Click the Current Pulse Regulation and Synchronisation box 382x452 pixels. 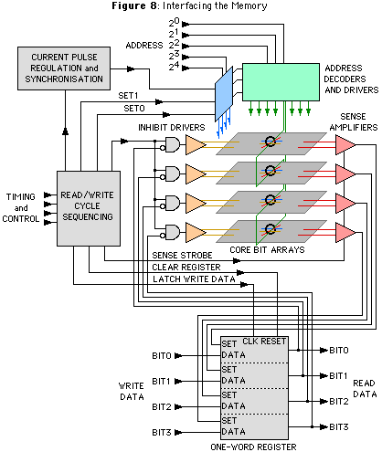64,68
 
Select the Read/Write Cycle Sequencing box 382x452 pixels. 89,208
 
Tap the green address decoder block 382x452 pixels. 281,82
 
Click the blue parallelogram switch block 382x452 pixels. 224,94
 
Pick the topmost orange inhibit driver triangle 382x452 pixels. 196,145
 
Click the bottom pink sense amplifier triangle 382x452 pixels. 345,232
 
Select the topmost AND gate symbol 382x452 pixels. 173,144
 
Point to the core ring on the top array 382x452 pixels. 270,141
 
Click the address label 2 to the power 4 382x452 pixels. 175,67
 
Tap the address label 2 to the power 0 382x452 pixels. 175,23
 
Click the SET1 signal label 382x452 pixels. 128,96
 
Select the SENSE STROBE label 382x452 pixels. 182,255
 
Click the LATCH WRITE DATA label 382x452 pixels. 194,279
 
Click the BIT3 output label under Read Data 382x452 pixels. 339,427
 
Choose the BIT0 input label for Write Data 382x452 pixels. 162,355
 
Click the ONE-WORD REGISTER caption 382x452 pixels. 253,447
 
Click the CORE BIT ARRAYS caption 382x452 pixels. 267,250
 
